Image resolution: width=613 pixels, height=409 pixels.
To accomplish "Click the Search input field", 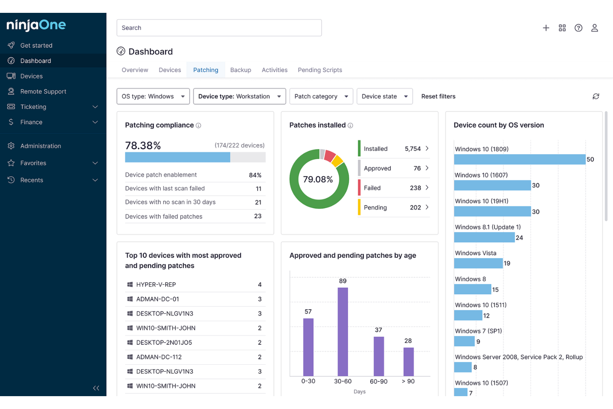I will [x=219, y=28].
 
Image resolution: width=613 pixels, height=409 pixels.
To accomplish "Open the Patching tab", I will [x=205, y=70].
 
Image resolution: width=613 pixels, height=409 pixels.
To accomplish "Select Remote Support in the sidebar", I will [x=43, y=92].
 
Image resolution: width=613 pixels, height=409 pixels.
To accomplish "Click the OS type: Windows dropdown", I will [x=153, y=97].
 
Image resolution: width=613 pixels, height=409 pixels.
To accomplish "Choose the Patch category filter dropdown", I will [x=321, y=97].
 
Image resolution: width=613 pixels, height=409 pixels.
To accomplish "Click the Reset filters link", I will [x=438, y=97].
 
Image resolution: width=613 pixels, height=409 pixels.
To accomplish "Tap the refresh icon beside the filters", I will [x=596, y=97].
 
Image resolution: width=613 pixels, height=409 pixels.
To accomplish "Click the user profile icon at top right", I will [x=594, y=28].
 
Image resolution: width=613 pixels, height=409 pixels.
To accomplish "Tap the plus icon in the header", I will [x=546, y=28].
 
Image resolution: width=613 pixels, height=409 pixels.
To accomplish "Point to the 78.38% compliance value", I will [x=143, y=145].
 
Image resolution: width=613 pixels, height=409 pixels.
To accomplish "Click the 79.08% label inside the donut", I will [x=318, y=179].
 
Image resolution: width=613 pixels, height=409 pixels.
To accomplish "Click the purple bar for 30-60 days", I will [x=343, y=332].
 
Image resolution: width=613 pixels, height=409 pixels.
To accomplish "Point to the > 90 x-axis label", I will [x=408, y=381].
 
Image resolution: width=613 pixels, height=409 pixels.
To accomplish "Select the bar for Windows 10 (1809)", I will [x=519, y=160].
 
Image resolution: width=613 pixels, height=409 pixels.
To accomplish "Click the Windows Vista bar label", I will [x=475, y=253].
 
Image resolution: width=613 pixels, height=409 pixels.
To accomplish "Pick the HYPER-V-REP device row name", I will [x=156, y=285].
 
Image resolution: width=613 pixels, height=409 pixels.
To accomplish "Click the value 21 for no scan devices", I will [x=258, y=202].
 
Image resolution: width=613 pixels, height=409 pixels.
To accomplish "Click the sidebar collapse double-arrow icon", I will [x=96, y=388].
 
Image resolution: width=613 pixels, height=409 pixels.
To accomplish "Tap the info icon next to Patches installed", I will [x=350, y=126].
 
